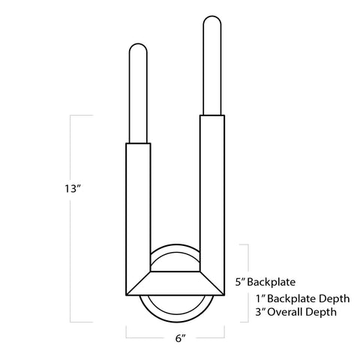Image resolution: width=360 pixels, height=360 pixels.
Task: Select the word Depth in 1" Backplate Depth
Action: pos(318,298)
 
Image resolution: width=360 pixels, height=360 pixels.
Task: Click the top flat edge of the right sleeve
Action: pos(211,115)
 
